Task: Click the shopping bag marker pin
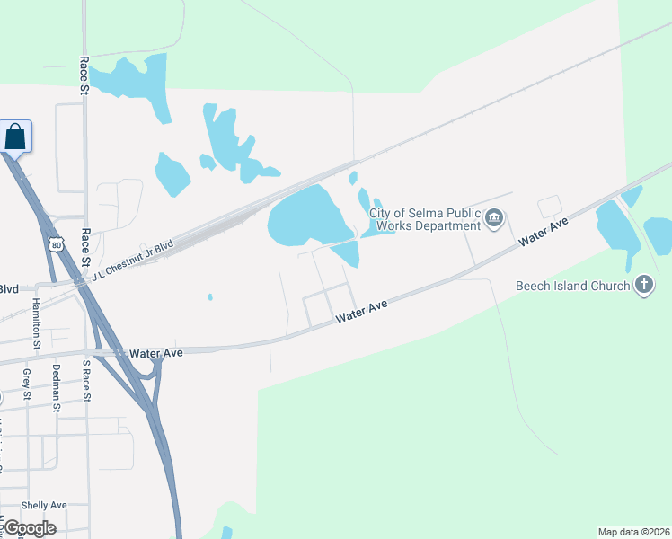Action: point(15,137)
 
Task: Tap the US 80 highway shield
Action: point(57,244)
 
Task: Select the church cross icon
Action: point(643,286)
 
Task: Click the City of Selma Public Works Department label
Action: point(426,219)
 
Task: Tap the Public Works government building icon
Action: point(494,218)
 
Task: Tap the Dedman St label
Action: point(56,381)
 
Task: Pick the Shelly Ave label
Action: point(44,506)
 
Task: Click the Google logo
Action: point(29,528)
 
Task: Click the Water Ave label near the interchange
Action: point(155,353)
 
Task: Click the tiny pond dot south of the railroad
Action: point(209,297)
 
